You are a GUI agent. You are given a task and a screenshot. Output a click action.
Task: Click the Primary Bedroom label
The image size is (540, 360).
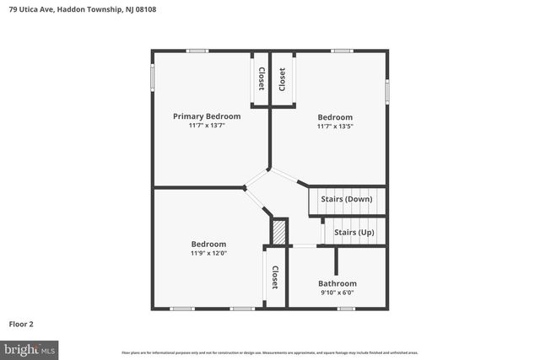(x=207, y=116)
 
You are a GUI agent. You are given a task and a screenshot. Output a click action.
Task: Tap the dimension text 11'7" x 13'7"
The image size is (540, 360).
(x=207, y=126)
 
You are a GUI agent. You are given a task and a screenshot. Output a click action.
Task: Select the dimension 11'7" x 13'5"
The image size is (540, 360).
(x=335, y=126)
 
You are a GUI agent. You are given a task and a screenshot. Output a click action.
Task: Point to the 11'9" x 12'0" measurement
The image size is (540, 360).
(x=208, y=253)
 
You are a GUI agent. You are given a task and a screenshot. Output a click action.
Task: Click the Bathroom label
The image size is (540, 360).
(x=337, y=283)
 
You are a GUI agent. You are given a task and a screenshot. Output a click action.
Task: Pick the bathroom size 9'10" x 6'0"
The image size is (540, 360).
(x=337, y=293)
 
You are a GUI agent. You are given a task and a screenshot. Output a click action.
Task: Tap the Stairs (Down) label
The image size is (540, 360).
(x=347, y=199)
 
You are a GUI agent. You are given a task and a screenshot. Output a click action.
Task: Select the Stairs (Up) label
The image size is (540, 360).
(x=354, y=232)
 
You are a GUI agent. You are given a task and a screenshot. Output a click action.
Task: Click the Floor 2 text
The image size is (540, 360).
(x=21, y=323)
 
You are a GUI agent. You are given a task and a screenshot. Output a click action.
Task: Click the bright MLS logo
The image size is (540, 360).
(x=30, y=348)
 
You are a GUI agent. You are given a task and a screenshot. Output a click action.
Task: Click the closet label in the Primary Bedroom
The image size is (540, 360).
(x=261, y=78)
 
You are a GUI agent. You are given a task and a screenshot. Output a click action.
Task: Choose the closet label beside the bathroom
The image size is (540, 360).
(x=274, y=277)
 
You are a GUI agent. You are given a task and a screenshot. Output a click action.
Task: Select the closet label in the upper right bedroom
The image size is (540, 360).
(x=282, y=78)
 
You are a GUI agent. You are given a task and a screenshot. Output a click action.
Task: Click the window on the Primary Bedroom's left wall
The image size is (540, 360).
(x=153, y=76)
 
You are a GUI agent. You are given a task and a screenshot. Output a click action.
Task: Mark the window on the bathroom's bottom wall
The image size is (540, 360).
(x=345, y=309)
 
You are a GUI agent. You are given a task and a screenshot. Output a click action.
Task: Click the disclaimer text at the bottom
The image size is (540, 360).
(x=269, y=352)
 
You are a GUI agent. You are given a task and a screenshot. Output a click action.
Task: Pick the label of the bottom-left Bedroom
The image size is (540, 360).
(x=208, y=244)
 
